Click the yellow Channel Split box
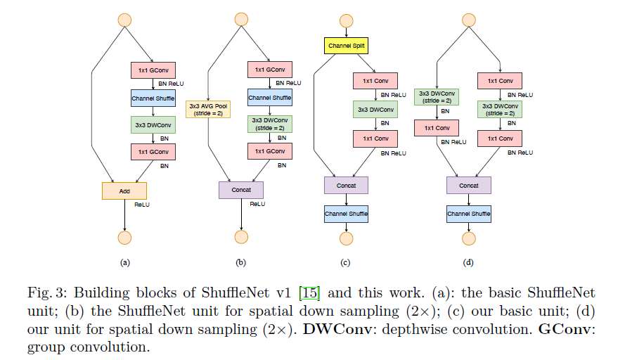346,46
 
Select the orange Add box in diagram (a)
124,191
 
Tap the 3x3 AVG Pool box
208,109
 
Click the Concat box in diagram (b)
241,190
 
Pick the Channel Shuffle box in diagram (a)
153,98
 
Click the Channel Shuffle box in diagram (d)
469,213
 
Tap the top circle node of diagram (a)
124,20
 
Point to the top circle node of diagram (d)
469,20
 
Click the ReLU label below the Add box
142,205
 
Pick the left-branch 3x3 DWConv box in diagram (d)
437,97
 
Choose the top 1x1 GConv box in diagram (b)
269,70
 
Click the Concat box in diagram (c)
346,186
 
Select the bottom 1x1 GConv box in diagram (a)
153,151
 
